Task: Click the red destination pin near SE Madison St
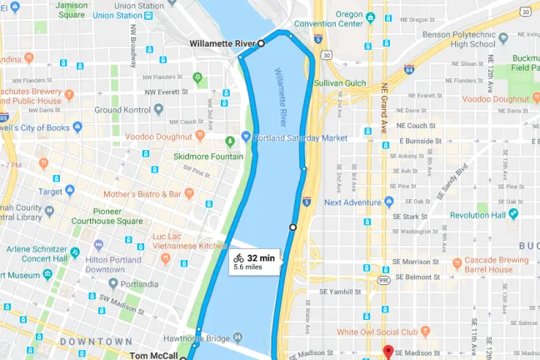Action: tap(386, 352)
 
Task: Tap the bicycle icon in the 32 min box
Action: tap(239, 257)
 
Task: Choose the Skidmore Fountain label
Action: tap(208, 156)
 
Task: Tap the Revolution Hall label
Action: tap(478, 215)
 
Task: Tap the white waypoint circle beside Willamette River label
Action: tap(261, 42)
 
